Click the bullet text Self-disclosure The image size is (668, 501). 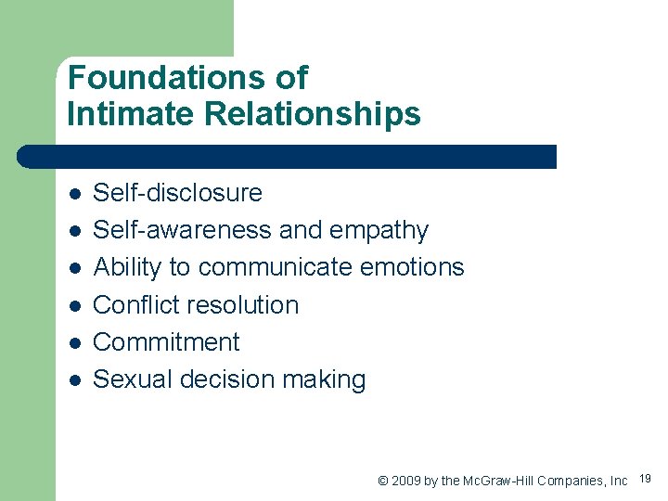click(x=178, y=193)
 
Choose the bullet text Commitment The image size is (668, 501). click(x=167, y=342)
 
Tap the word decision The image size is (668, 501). click(x=231, y=379)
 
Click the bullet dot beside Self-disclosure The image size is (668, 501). click(x=75, y=194)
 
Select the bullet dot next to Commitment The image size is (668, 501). click(x=75, y=343)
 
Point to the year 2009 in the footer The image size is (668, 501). click(x=406, y=481)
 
